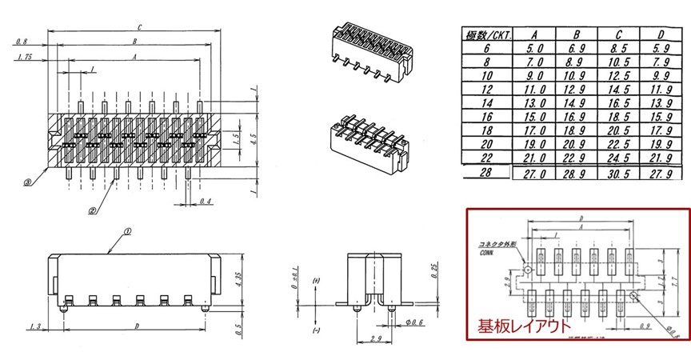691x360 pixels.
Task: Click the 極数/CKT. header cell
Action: click(x=489, y=34)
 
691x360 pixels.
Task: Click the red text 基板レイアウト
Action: click(x=521, y=326)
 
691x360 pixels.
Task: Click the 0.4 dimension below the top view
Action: click(x=206, y=200)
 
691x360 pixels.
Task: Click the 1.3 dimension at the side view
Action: click(x=34, y=326)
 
